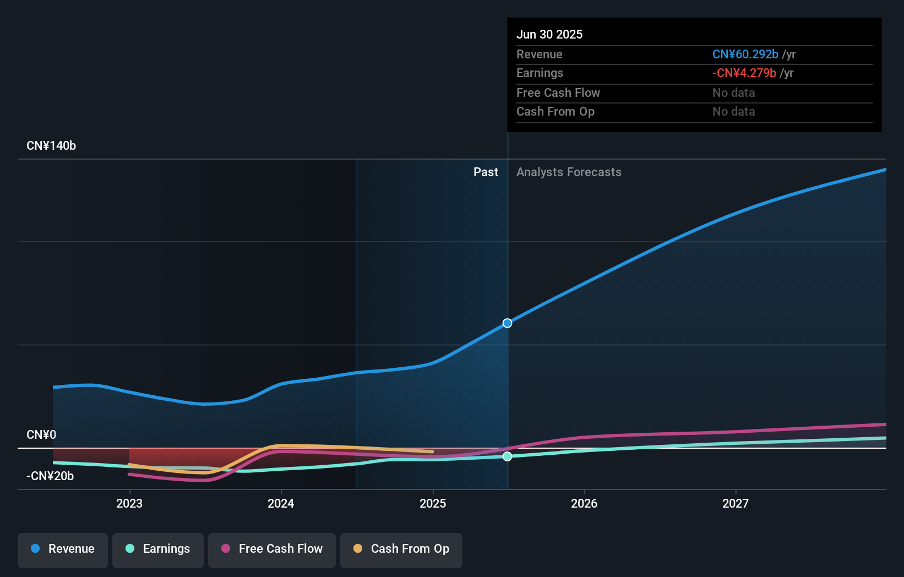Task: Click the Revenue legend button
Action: click(63, 549)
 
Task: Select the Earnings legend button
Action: click(158, 549)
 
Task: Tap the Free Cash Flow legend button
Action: click(272, 549)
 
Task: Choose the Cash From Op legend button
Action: click(401, 549)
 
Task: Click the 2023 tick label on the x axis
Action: click(129, 503)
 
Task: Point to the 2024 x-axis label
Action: click(281, 503)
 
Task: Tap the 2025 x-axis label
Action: click(433, 503)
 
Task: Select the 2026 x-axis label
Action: click(584, 503)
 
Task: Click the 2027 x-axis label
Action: click(736, 503)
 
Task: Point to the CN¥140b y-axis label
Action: click(51, 146)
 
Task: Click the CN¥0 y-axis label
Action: click(41, 435)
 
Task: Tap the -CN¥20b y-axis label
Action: click(50, 476)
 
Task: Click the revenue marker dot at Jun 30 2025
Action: click(508, 323)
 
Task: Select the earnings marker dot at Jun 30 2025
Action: click(508, 456)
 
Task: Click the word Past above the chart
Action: click(486, 172)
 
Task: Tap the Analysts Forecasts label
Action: click(569, 172)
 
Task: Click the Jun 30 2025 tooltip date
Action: click(549, 34)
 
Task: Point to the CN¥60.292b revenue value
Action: click(745, 54)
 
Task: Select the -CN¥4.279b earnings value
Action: click(744, 73)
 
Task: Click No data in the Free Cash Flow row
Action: click(733, 93)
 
